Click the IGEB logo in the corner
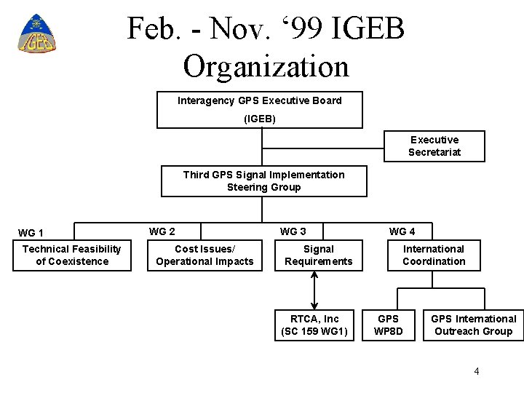[36, 34]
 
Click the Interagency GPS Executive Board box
[260, 109]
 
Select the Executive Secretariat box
[434, 146]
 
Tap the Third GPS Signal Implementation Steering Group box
[263, 181]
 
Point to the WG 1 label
[31, 233]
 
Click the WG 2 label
[162, 231]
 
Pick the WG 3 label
[293, 231]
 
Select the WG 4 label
[402, 231]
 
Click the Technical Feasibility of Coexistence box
[72, 255]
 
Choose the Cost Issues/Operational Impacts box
[205, 255]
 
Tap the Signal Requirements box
[318, 255]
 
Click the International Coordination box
[434, 255]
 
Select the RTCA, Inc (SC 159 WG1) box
[314, 325]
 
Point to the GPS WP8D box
[388, 325]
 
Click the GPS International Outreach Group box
[473, 325]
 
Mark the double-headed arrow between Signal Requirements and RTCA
[314, 290]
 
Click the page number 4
[477, 371]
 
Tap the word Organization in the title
[266, 66]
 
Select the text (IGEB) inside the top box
[260, 119]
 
